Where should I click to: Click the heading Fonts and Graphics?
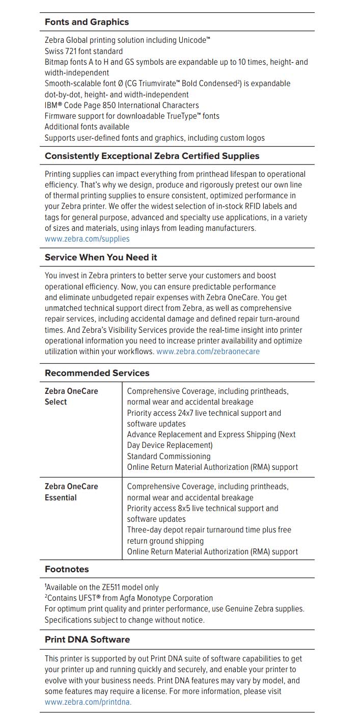[87, 22]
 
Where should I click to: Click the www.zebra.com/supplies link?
[87, 239]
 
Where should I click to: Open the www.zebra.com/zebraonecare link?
[208, 352]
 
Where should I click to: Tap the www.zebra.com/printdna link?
[88, 702]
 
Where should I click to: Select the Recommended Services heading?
[97, 373]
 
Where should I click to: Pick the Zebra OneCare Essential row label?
[71, 492]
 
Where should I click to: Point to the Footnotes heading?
[67, 569]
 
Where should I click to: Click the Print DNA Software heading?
[87, 639]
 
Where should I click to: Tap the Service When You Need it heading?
[101, 257]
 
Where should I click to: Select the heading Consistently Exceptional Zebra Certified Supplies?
[152, 156]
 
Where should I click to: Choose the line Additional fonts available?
[87, 127]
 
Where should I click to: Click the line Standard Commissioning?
[169, 457]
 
